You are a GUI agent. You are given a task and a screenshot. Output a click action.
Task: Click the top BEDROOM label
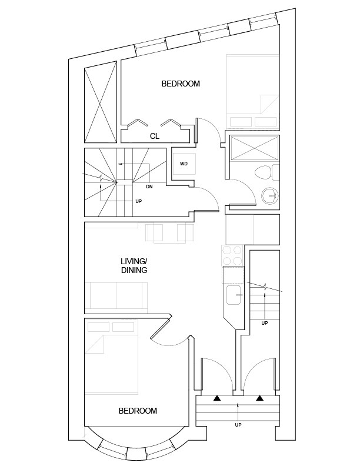click(181, 84)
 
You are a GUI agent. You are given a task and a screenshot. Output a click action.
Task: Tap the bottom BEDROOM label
click(138, 411)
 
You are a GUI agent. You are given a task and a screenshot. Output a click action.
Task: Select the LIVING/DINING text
click(134, 265)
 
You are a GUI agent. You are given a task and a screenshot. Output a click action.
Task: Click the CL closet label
click(155, 136)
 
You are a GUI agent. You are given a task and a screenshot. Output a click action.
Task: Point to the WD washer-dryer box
click(184, 164)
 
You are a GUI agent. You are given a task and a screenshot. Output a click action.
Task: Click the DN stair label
click(149, 187)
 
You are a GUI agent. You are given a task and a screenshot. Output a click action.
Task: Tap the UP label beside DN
click(139, 202)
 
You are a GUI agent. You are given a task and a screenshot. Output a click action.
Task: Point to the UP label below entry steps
click(238, 425)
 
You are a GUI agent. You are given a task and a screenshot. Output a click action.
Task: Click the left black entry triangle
click(217, 398)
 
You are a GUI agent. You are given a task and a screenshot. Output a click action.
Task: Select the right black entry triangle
click(259, 398)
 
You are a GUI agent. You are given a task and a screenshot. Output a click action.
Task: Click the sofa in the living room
click(116, 297)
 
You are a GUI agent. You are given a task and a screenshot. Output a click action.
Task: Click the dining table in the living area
click(170, 232)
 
